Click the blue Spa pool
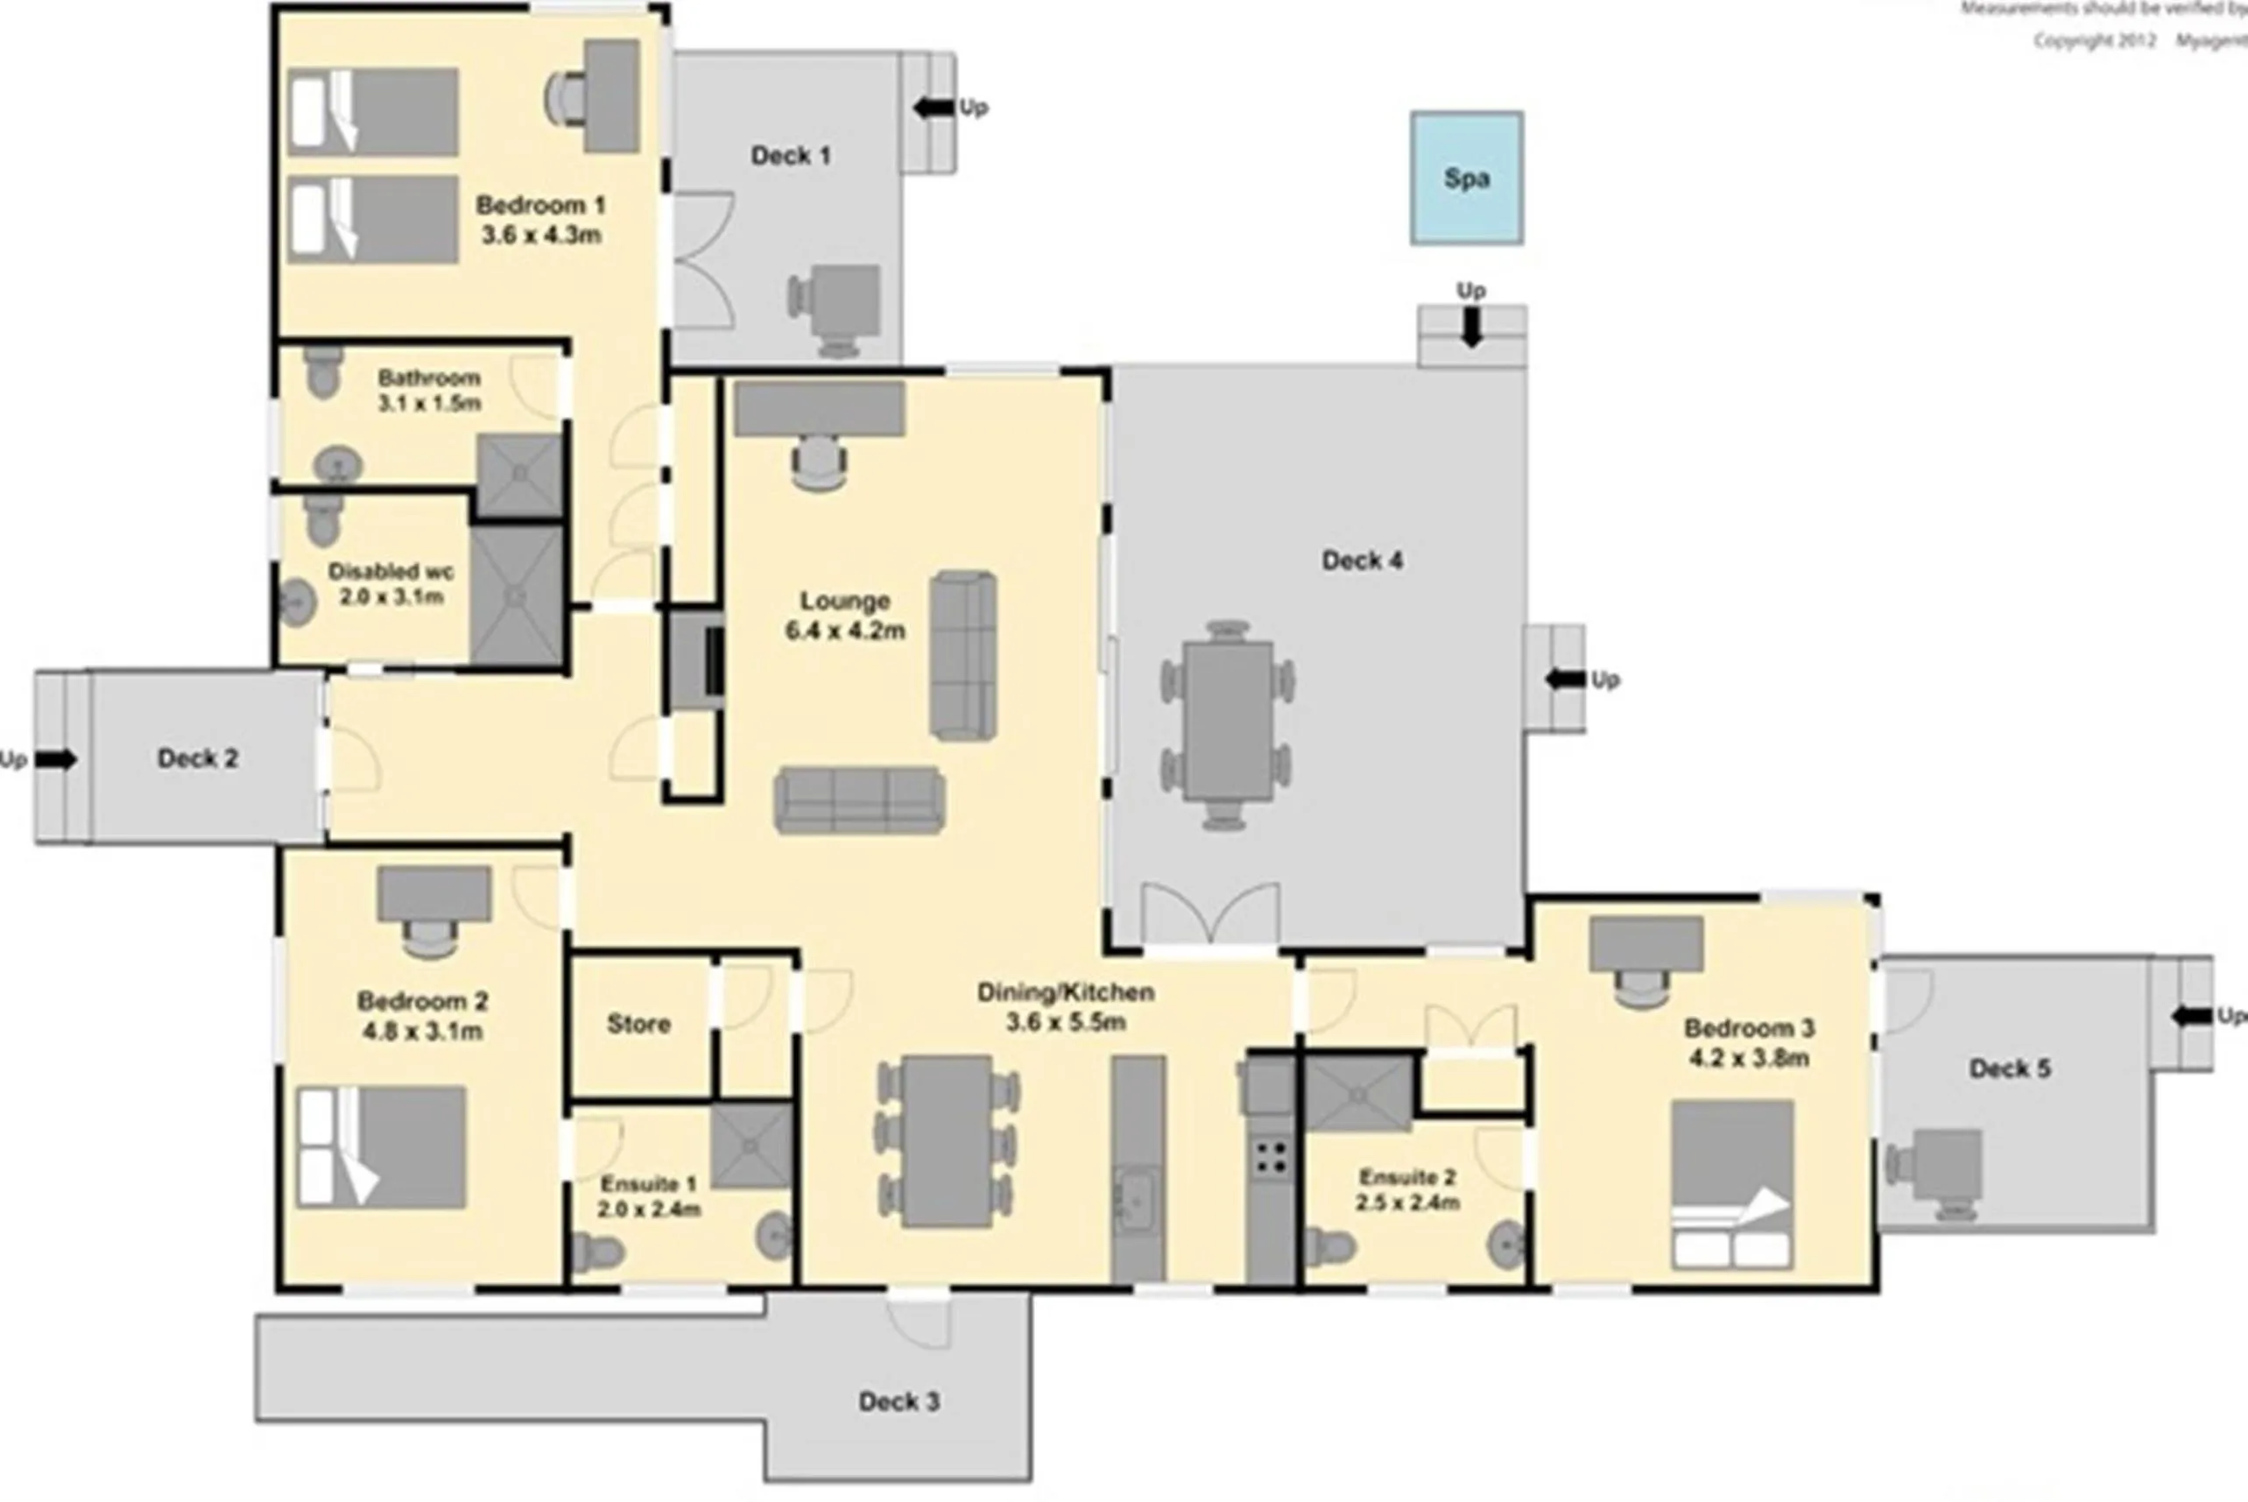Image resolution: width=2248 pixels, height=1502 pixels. point(1465,178)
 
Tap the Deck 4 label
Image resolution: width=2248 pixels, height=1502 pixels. point(1361,561)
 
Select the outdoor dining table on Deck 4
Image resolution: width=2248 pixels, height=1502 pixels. point(1227,723)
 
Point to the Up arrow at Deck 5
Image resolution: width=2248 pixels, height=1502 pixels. point(2190,1015)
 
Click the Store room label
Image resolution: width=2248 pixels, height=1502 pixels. point(638,1024)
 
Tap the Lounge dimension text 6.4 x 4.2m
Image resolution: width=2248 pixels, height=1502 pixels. point(845,631)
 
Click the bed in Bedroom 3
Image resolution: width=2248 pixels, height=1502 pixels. point(1731,1184)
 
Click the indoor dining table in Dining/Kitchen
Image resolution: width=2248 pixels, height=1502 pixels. point(948,1141)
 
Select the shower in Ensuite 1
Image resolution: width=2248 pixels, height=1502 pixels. point(752,1146)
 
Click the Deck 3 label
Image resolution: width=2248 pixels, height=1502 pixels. point(898,1401)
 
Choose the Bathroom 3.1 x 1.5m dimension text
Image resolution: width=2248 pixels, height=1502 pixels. point(429,403)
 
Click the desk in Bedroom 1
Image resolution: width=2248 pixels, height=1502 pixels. point(611,95)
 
